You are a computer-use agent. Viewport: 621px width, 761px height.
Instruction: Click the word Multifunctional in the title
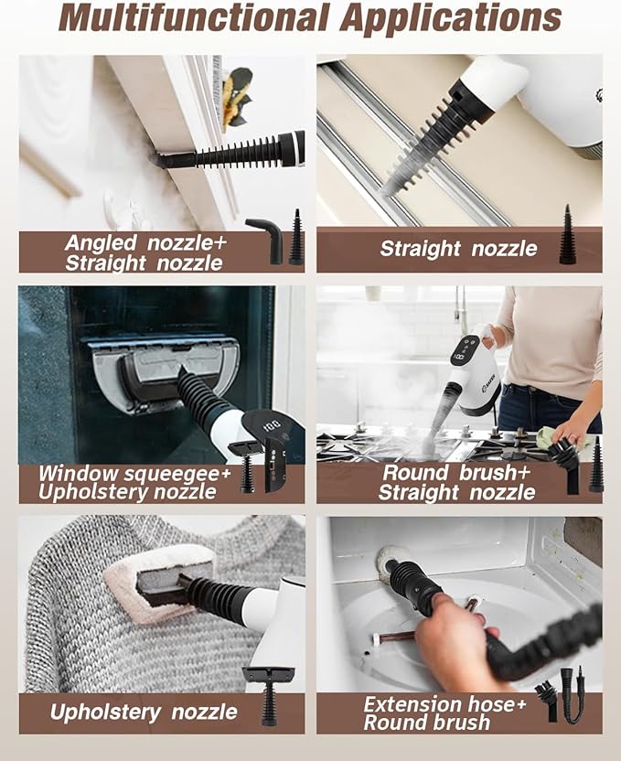[193, 18]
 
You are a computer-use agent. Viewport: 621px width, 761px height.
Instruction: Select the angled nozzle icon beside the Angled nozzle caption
[266, 241]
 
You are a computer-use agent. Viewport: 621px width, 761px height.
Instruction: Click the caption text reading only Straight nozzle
[458, 249]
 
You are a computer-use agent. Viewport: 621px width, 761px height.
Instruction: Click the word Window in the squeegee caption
[78, 474]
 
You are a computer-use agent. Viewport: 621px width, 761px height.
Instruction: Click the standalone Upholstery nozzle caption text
[144, 712]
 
